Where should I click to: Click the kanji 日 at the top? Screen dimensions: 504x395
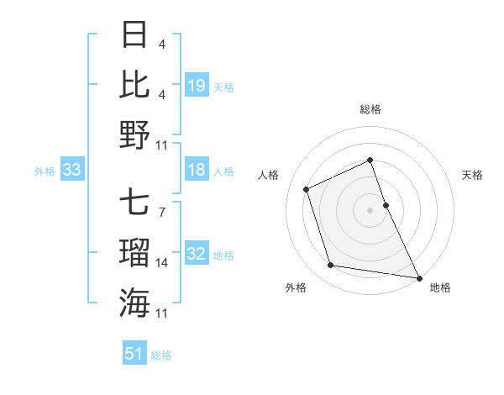134,35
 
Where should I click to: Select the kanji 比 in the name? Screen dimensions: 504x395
134,84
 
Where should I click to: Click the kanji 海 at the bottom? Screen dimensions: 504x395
134,302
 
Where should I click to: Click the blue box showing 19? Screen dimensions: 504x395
197,86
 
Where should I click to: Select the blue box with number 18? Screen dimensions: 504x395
197,171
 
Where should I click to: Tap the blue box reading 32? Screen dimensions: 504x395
197,255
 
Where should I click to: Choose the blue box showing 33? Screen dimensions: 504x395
71,171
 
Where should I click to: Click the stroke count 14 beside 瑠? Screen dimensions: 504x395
162,263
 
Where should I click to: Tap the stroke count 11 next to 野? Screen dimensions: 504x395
162,145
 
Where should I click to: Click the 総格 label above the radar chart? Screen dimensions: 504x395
370,109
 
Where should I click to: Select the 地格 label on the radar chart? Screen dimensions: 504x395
440,287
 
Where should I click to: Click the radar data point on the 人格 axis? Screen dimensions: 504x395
307,188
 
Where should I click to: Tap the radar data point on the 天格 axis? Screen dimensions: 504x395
386,204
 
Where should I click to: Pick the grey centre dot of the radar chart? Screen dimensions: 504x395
370,209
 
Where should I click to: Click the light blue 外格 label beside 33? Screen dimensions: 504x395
45,171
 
